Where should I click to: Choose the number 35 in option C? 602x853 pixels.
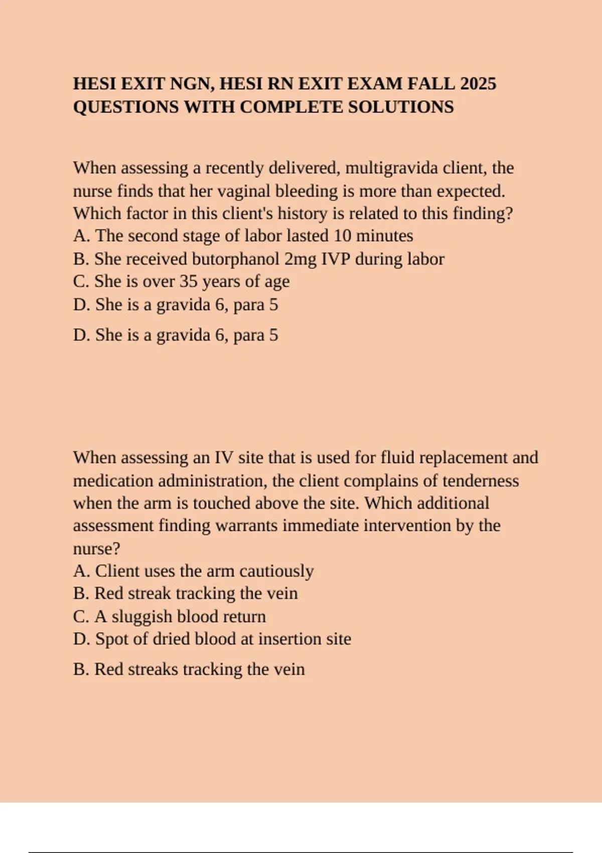[x=189, y=281]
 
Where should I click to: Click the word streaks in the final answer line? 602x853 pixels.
[x=151, y=669]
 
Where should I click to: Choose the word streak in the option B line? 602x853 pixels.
[x=149, y=594]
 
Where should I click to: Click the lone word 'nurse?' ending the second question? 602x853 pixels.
[x=96, y=548]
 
